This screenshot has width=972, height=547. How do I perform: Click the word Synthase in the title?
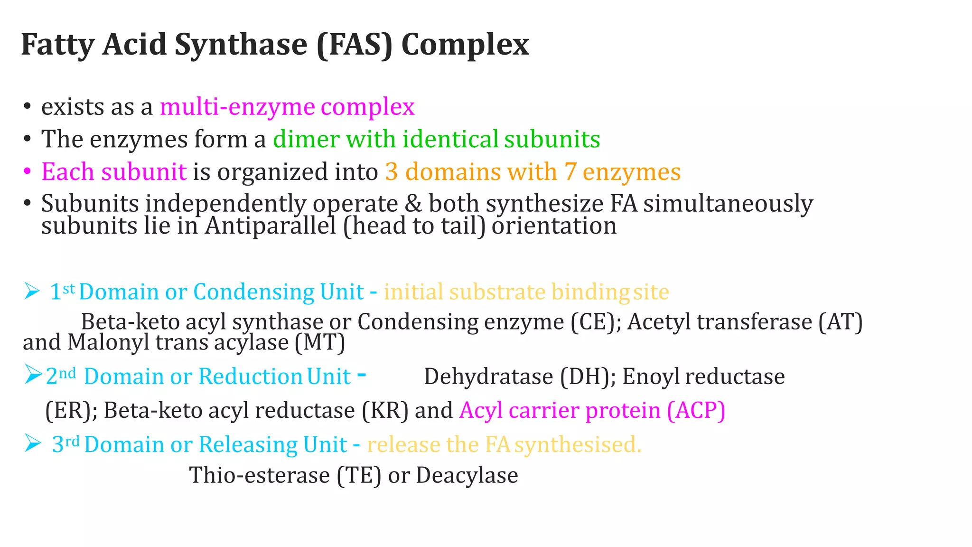coord(241,45)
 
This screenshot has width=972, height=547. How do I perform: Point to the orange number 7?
coord(570,172)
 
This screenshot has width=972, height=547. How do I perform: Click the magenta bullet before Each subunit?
coord(27,171)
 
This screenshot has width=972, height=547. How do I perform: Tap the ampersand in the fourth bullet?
coord(413,204)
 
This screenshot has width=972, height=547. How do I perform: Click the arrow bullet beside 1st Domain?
coord(32,291)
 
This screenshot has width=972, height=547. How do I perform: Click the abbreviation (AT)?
coord(841,322)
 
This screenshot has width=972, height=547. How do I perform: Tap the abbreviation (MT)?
coord(319,343)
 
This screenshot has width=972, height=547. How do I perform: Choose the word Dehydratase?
coord(488,377)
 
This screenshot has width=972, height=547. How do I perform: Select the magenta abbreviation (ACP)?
coord(696,411)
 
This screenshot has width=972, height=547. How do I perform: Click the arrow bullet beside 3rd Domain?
coord(32,443)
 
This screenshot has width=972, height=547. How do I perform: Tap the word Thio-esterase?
coord(260,475)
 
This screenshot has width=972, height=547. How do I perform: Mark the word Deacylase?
coord(467,475)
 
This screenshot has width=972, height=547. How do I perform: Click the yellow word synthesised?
coord(578,445)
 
